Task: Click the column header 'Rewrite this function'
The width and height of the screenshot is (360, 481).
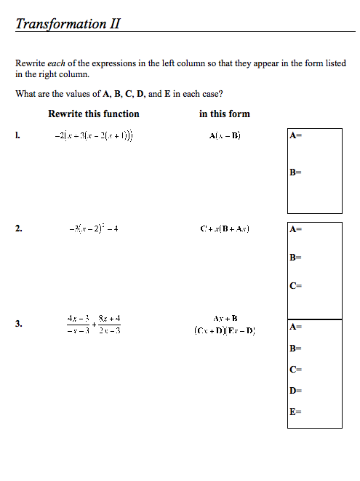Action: (93, 114)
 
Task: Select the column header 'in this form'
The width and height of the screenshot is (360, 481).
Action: (224, 114)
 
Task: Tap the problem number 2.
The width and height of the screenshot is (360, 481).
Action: (18, 228)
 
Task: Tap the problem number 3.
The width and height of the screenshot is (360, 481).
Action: (18, 325)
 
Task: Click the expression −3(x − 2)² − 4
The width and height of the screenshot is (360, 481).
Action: (94, 228)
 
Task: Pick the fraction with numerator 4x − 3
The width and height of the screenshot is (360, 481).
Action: (78, 324)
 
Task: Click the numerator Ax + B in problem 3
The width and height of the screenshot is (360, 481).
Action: (225, 318)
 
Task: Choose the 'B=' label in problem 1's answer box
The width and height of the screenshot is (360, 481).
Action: (295, 172)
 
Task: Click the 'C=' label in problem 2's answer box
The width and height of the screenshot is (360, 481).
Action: (295, 285)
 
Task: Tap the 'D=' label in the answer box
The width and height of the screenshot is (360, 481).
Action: (295, 391)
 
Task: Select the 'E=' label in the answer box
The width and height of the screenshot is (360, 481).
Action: (295, 412)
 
